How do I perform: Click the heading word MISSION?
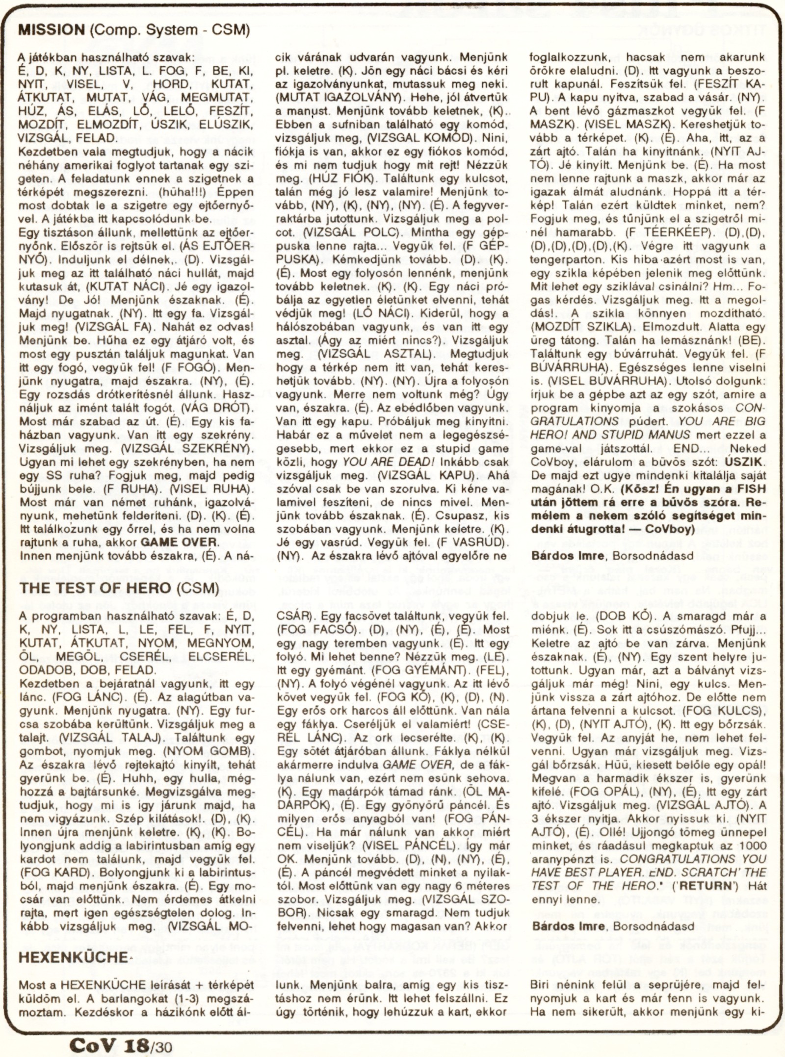click(x=51, y=30)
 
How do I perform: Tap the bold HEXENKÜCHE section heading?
click(x=74, y=957)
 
